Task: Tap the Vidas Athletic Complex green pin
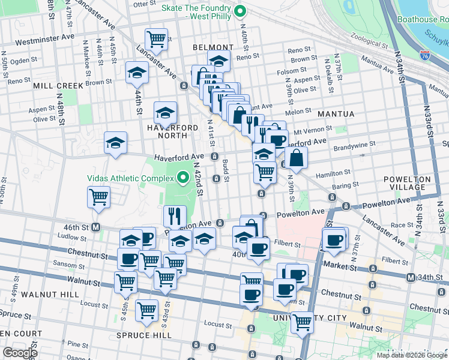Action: (183, 178)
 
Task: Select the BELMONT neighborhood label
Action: (212, 47)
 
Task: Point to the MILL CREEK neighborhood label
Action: (58, 86)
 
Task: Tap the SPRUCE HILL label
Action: (145, 335)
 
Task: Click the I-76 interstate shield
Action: (425, 55)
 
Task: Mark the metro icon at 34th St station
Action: (411, 277)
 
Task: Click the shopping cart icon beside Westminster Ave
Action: (156, 39)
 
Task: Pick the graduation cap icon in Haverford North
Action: (165, 112)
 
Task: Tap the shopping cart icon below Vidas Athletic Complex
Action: (98, 196)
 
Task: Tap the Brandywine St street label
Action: (354, 144)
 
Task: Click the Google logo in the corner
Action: (20, 353)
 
